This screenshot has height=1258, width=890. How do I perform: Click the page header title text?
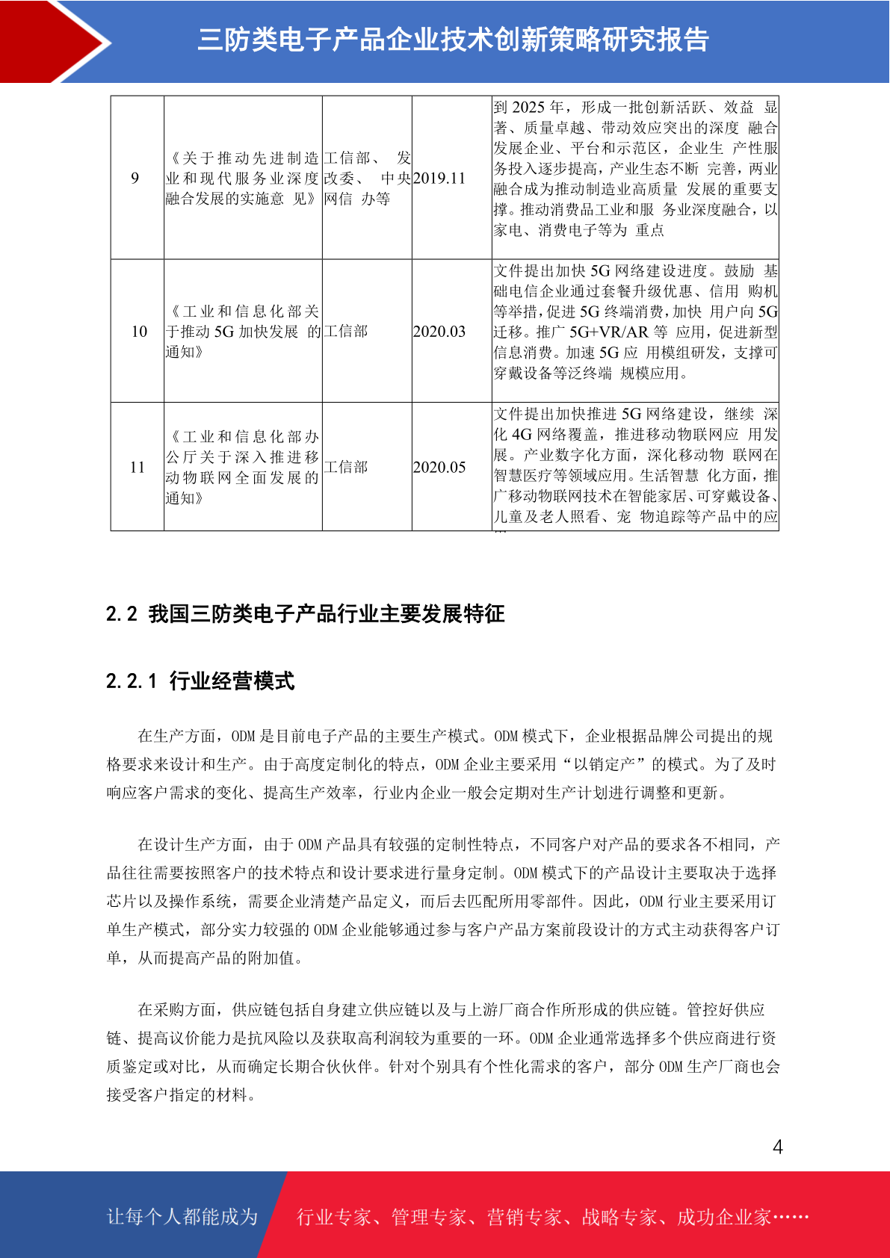[x=453, y=40]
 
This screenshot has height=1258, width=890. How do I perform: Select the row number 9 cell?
[x=135, y=178]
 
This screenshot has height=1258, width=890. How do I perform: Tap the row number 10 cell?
[x=139, y=331]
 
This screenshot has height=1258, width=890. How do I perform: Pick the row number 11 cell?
[x=137, y=467]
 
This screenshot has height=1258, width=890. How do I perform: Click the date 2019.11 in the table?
[x=439, y=178]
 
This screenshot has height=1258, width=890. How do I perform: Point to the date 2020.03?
[x=439, y=331]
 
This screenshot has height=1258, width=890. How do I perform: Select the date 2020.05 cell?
[x=439, y=467]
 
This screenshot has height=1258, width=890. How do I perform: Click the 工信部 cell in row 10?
[x=346, y=331]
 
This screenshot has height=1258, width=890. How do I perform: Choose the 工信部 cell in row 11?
[x=346, y=467]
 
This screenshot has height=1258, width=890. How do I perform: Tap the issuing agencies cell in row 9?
[x=367, y=178]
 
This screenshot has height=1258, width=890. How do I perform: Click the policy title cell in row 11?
[x=242, y=467]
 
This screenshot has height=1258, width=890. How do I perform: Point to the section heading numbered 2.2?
[x=305, y=614]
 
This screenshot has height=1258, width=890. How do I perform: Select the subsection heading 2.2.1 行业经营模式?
[x=200, y=681]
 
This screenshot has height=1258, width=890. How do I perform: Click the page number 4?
[x=777, y=1147]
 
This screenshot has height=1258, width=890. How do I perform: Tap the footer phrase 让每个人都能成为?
[x=182, y=1216]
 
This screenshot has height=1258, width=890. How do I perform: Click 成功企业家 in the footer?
[x=723, y=1217]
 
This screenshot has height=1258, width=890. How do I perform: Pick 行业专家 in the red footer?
[x=334, y=1217]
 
